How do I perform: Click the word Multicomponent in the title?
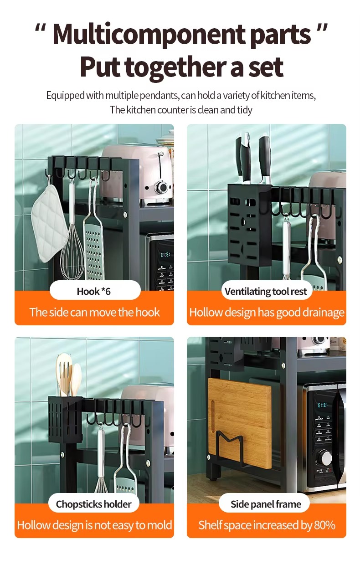(x=149, y=35)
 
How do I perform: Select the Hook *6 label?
(x=93, y=292)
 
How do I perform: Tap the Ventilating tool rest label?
(x=266, y=292)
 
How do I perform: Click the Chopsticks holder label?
(x=93, y=504)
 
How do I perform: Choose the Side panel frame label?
(x=266, y=504)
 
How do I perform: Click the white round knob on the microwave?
(x=326, y=457)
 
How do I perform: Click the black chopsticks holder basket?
(x=66, y=420)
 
